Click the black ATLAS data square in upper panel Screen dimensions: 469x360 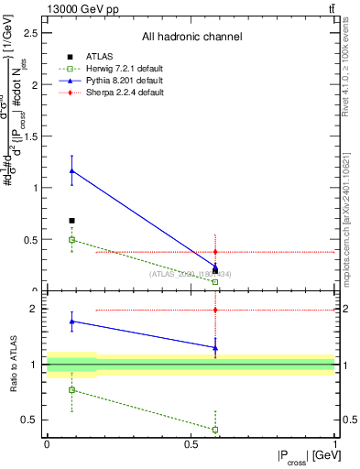click(x=71, y=221)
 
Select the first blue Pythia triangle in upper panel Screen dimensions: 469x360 click(x=71, y=170)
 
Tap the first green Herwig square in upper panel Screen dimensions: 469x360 click(x=71, y=240)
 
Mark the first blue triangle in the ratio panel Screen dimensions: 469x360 click(x=71, y=322)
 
